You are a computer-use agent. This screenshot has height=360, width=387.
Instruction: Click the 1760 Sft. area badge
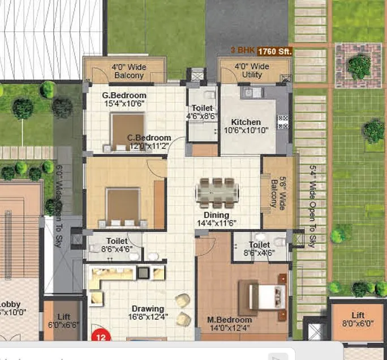(274, 51)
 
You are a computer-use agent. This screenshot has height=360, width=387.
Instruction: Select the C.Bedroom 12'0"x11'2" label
(149, 141)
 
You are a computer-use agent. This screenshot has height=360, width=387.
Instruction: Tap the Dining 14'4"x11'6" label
(216, 219)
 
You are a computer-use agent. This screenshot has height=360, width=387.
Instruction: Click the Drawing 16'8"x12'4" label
(148, 313)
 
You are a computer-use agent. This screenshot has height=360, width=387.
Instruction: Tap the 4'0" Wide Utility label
(252, 71)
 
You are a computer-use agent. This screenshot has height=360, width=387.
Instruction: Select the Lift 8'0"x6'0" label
(358, 319)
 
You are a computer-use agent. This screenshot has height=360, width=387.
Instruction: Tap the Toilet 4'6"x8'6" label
(202, 112)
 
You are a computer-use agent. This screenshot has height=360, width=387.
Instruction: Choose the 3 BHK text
(242, 51)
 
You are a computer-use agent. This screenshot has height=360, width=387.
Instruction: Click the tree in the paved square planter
(359, 67)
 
